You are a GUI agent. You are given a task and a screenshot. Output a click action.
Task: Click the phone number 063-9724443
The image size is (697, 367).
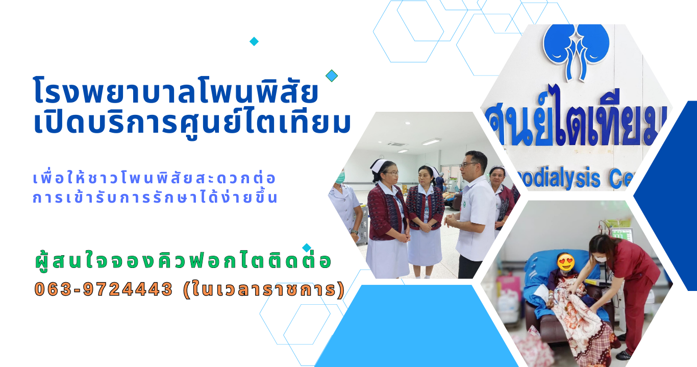[x=103, y=289]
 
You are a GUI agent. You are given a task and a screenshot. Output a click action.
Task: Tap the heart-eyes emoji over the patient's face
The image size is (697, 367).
[x=566, y=262]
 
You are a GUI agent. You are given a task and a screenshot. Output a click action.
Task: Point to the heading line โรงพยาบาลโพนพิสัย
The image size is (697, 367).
[x=176, y=91]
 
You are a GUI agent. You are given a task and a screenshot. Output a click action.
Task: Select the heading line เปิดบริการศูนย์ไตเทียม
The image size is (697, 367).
[x=192, y=124]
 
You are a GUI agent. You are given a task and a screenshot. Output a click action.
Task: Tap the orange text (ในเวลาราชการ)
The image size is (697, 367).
[x=264, y=289]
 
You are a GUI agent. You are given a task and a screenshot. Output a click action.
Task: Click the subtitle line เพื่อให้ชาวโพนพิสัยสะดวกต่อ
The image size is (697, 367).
[x=154, y=178]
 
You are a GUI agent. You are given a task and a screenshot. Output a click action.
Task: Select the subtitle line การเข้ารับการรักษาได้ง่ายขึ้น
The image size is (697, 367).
[x=155, y=197]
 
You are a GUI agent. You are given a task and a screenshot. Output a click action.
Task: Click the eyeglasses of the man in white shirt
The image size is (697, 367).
[x=468, y=164]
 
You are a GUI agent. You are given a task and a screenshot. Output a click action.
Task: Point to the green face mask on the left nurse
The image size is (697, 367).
[x=340, y=177]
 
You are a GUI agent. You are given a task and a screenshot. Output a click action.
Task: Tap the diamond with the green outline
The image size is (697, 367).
[x=332, y=76]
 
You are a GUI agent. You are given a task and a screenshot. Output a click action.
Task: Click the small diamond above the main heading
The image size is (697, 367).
[x=254, y=41]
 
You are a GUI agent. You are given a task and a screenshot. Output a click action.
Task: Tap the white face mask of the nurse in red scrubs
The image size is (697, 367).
[x=600, y=259]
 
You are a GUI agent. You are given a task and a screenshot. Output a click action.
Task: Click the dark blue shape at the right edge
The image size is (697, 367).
[x=669, y=195]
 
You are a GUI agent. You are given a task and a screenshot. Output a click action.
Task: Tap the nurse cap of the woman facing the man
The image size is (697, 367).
[x=379, y=165]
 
